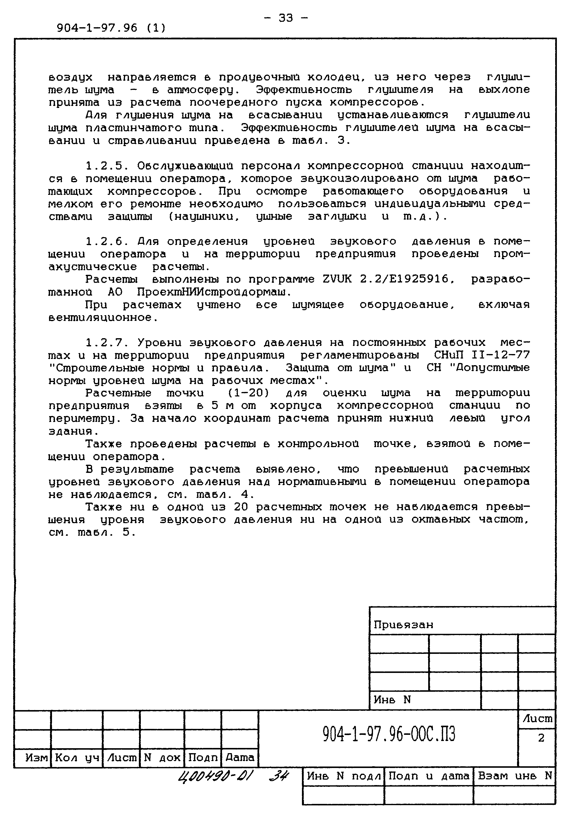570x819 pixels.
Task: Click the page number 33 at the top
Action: pyautogui.click(x=285, y=18)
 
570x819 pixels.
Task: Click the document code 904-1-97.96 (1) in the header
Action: pyautogui.click(x=111, y=28)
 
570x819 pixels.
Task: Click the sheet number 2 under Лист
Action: pyautogui.click(x=541, y=738)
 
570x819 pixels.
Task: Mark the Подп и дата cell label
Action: pyautogui.click(x=428, y=776)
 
